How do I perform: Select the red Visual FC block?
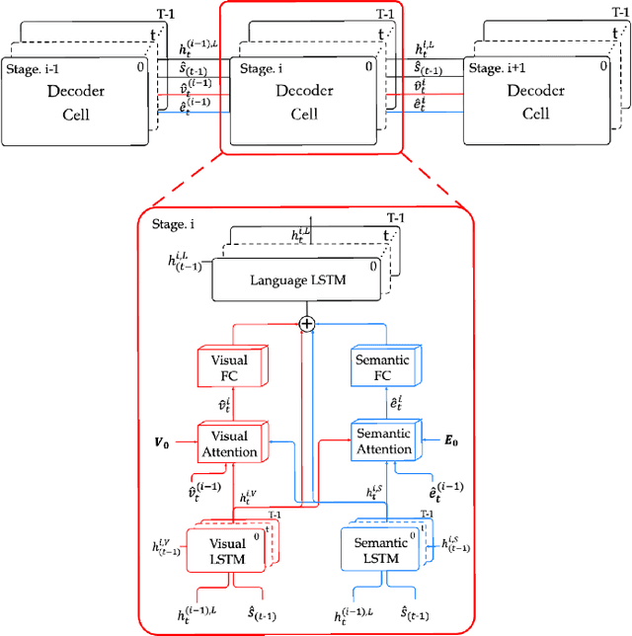[x=228, y=367]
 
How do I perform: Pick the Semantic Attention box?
[x=383, y=441]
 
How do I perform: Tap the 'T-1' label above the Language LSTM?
[x=396, y=216]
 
